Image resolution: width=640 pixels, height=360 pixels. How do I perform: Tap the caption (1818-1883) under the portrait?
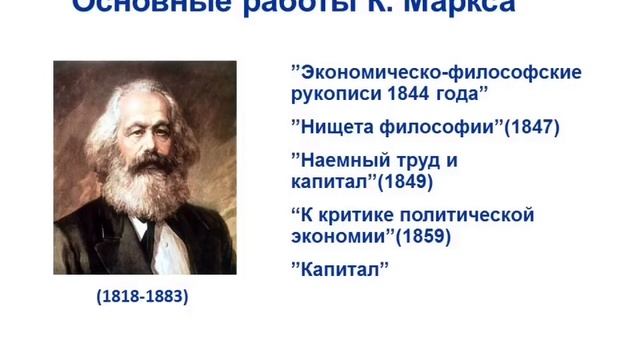point(143,297)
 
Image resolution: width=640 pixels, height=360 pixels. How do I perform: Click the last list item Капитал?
point(338,270)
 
